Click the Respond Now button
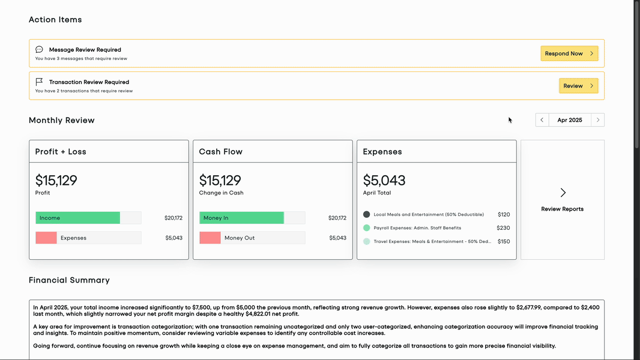(x=569, y=53)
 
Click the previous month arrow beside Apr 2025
(x=542, y=120)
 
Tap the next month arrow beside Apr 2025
(x=597, y=120)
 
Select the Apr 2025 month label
(x=569, y=120)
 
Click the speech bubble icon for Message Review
(x=39, y=50)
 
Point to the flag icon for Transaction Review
(x=39, y=82)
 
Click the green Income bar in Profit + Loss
(x=77, y=218)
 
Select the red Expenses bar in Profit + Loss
(x=46, y=238)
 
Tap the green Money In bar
(x=241, y=218)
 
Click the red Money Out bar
(x=210, y=238)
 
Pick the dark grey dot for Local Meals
(x=367, y=214)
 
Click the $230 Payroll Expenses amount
(x=503, y=228)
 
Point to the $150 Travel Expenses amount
(x=503, y=241)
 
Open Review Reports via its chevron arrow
(x=563, y=193)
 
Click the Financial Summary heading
(x=69, y=280)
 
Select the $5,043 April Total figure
(x=384, y=180)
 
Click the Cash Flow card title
(x=221, y=152)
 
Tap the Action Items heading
(x=55, y=20)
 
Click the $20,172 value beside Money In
(x=337, y=218)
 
